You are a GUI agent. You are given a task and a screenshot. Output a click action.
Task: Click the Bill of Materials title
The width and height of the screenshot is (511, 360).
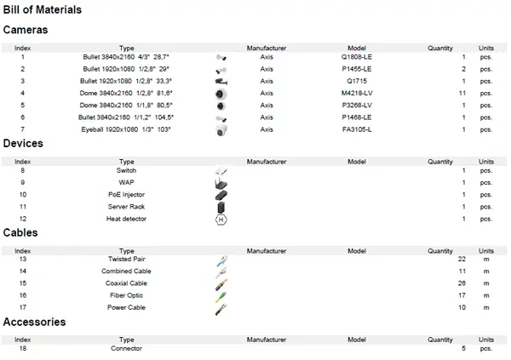43,10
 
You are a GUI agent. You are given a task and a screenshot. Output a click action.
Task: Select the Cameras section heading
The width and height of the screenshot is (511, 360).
26,30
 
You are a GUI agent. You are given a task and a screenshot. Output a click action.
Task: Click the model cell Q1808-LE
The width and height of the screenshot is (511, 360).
356,56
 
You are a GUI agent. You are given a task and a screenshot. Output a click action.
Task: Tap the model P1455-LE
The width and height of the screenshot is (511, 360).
356,68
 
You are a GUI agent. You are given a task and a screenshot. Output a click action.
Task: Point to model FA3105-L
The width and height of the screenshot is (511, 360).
356,129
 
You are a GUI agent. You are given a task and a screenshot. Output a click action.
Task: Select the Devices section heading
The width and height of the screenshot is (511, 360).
23,144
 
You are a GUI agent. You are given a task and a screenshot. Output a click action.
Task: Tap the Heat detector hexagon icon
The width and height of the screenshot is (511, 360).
221,219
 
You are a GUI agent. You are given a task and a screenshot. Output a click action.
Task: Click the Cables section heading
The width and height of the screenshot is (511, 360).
20,232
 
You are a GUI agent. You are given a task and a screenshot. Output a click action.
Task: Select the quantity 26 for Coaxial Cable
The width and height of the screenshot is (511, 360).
461,283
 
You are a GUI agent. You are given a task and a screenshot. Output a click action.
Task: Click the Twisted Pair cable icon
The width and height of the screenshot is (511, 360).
221,260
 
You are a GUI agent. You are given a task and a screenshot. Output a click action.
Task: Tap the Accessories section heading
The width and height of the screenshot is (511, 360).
35,323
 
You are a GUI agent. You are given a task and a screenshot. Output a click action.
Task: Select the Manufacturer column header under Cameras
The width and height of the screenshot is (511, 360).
267,48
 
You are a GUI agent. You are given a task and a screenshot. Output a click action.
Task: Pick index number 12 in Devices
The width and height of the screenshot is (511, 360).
24,219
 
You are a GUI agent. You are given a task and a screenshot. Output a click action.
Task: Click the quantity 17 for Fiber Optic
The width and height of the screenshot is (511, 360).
461,295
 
